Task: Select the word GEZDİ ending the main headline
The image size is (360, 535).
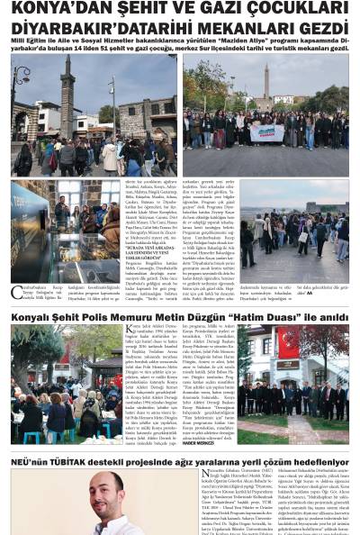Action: tap(319, 28)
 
